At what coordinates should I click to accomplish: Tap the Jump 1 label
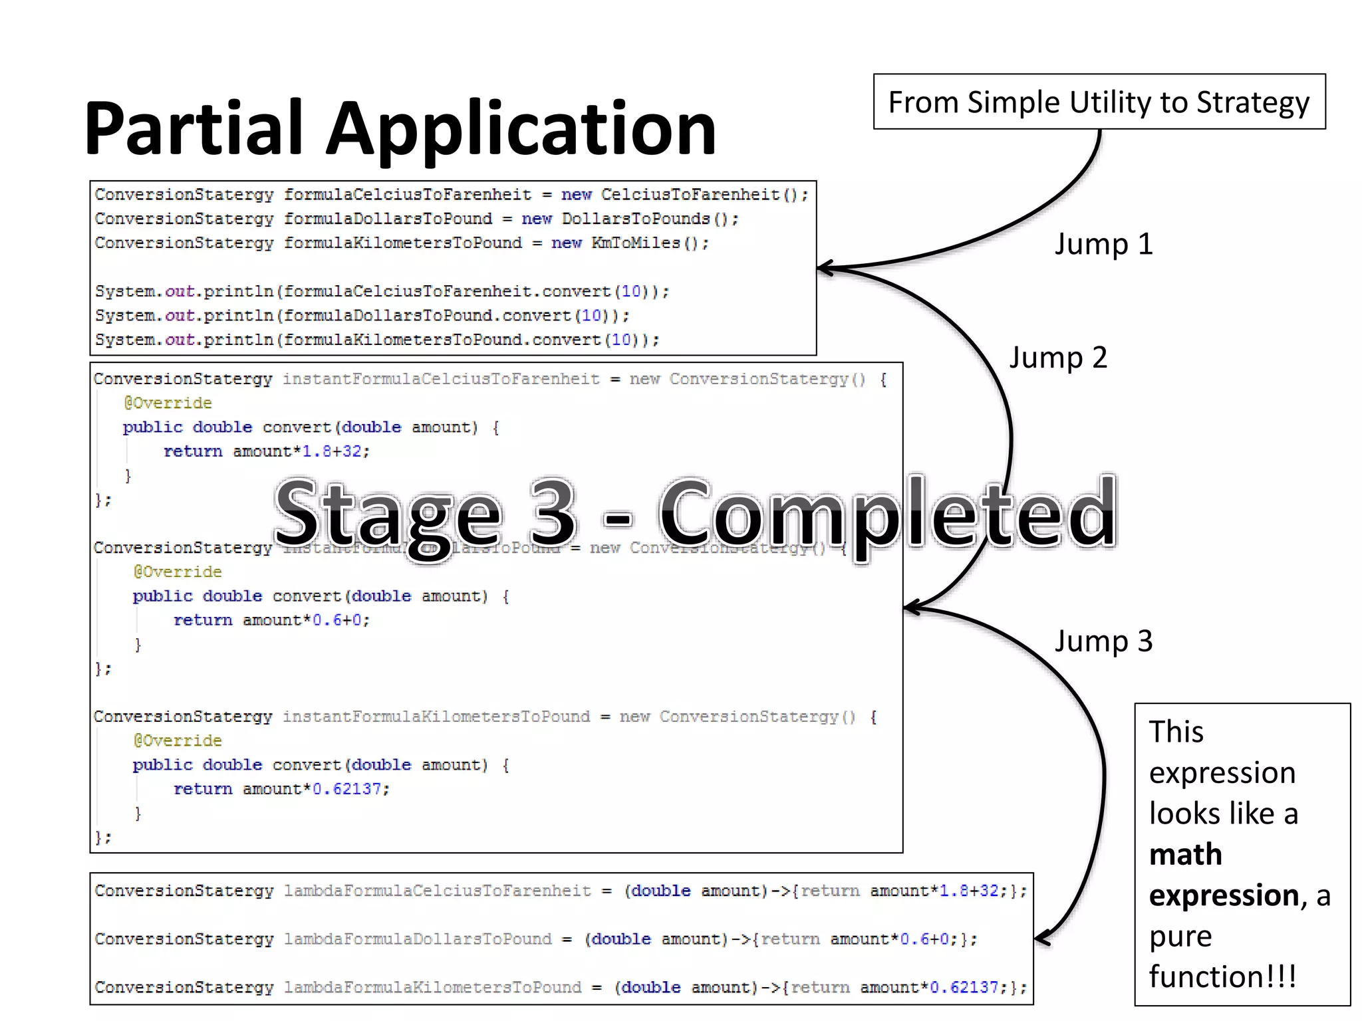(x=1103, y=244)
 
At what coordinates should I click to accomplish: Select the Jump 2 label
(x=1058, y=358)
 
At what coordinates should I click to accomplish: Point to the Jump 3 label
(x=1103, y=641)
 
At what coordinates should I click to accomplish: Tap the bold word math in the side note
(x=1185, y=854)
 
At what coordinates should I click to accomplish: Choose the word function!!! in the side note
(x=1222, y=976)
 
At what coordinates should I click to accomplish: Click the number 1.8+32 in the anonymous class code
(x=335, y=451)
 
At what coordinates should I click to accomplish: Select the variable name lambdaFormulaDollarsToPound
(x=417, y=939)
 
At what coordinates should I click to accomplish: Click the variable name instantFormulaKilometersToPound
(x=436, y=717)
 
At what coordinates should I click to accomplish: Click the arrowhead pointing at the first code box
(x=825, y=269)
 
